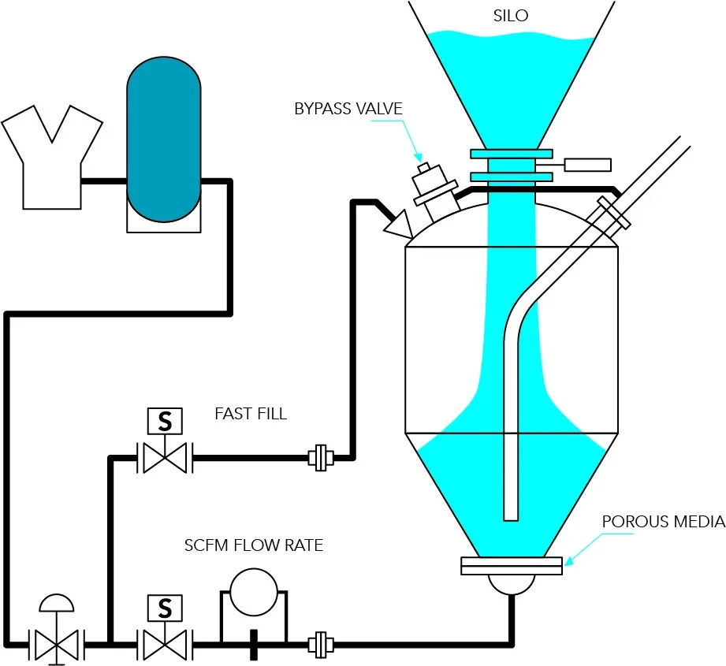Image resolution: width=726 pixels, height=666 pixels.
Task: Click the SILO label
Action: pyautogui.click(x=511, y=16)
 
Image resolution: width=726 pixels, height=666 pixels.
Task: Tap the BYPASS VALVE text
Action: pyautogui.click(x=348, y=109)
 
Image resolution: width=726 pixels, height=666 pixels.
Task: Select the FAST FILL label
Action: pyautogui.click(x=251, y=413)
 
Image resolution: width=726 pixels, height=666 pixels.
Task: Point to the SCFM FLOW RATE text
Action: pyautogui.click(x=254, y=545)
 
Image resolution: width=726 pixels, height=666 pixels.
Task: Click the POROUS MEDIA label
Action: pyautogui.click(x=664, y=522)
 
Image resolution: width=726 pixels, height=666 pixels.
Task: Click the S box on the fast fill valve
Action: pyautogui.click(x=165, y=421)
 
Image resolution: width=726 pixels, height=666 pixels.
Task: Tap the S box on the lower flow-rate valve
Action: pyautogui.click(x=165, y=608)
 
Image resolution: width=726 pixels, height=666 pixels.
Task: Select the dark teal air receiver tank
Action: pyautogui.click(x=164, y=140)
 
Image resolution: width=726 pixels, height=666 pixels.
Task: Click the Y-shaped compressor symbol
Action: pyautogui.click(x=52, y=158)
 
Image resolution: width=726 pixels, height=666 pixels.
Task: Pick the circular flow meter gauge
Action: pyautogui.click(x=254, y=592)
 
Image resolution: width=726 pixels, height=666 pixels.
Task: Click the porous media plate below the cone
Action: pyautogui.click(x=512, y=566)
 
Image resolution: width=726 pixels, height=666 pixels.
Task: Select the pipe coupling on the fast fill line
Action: pyautogui.click(x=321, y=458)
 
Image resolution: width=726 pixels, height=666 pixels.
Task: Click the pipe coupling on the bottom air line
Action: pyautogui.click(x=321, y=645)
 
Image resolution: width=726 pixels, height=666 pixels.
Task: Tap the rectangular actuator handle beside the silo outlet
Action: pyautogui.click(x=587, y=165)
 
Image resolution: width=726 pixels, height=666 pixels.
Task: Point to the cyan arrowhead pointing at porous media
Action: pyautogui.click(x=569, y=560)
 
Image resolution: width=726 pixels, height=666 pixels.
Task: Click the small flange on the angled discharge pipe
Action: pyautogui.click(x=614, y=213)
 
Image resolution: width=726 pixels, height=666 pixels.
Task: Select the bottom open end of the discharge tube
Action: pyautogui.click(x=511, y=519)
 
